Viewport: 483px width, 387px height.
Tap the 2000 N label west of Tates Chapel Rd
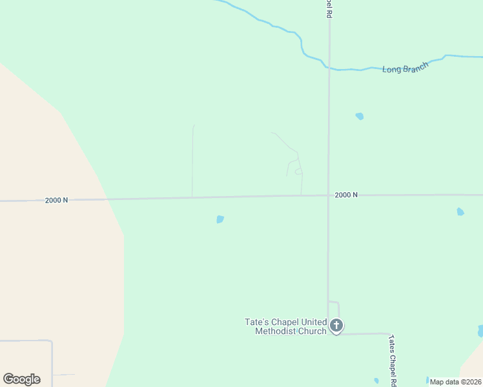[57, 200]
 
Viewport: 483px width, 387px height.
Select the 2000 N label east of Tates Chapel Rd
[346, 195]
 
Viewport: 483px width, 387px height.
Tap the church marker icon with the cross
[336, 326]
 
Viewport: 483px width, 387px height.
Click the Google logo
[21, 379]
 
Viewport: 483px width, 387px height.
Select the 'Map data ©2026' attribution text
[455, 382]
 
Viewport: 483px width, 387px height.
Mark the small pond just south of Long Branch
[360, 117]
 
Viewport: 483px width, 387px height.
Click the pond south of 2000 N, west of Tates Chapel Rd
[220, 219]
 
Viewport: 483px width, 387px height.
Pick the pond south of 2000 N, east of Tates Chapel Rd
[460, 212]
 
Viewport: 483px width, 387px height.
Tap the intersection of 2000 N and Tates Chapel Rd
[329, 195]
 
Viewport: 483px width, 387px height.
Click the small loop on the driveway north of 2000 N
[298, 172]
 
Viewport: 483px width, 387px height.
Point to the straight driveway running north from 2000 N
[192, 161]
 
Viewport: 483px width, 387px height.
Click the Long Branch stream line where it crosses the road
[329, 68]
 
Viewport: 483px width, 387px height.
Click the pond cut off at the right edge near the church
[480, 331]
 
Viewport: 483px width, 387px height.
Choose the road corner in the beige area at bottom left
[52, 341]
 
